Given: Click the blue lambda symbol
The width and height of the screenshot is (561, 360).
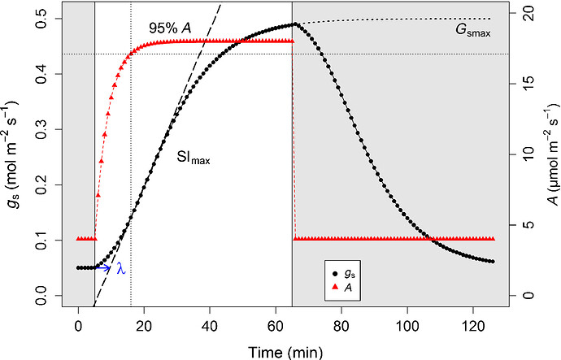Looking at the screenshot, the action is (x=121, y=268).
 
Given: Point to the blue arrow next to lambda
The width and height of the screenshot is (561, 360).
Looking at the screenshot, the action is (x=102, y=268).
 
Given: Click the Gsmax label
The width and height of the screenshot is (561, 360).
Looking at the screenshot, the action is (x=473, y=30).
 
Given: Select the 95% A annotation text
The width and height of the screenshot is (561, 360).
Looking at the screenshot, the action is (x=170, y=28).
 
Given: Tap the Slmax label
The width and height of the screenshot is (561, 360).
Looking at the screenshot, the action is (x=194, y=158).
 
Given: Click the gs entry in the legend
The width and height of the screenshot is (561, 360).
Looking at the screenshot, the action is (x=344, y=275).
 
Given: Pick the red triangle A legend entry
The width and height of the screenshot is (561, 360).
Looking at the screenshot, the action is (x=342, y=287).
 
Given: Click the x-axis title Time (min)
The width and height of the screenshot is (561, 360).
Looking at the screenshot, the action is (x=285, y=352).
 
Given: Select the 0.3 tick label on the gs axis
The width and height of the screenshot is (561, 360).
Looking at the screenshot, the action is (x=42, y=129).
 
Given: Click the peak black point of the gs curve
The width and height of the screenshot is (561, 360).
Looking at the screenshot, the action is (x=295, y=24).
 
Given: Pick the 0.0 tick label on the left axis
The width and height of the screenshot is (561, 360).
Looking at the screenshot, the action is (x=42, y=295).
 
